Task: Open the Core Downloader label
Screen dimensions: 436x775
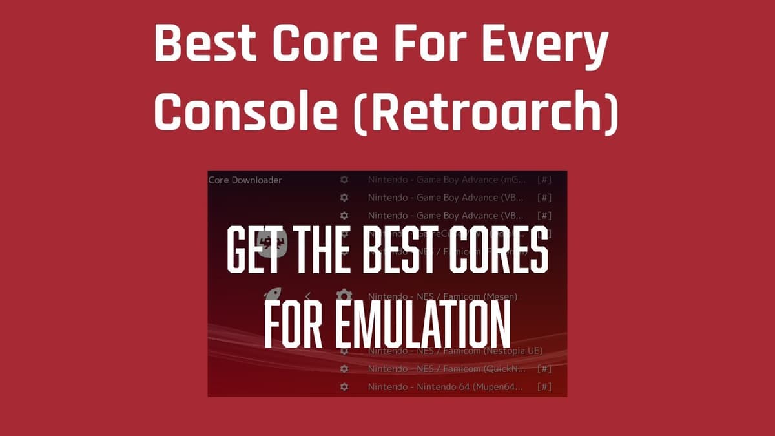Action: tap(245, 180)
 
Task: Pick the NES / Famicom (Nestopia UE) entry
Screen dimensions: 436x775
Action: tap(455, 351)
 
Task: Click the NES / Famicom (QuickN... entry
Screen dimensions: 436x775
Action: tap(446, 369)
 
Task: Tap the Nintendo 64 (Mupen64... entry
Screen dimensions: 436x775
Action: tap(446, 387)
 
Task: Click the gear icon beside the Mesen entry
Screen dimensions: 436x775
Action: tap(344, 296)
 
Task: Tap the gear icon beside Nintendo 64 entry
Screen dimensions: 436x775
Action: tap(344, 387)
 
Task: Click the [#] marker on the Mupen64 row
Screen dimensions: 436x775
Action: tap(544, 387)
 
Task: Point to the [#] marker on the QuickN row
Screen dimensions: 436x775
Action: tap(544, 369)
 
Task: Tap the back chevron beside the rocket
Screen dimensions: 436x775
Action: tap(308, 296)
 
